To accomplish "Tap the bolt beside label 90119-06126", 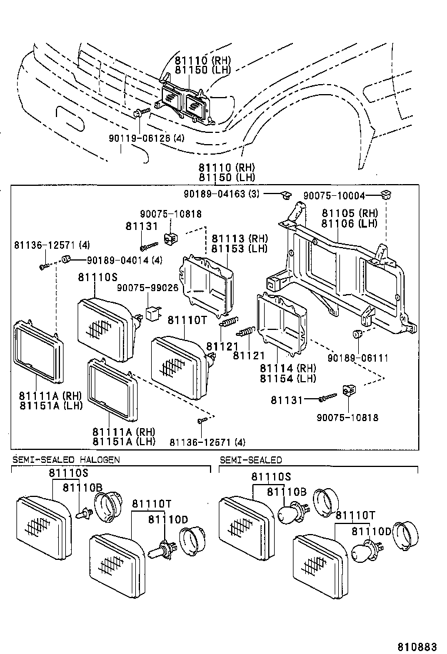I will point(139,112).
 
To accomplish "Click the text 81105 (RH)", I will point(349,213).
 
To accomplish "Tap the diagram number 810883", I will point(418,646).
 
